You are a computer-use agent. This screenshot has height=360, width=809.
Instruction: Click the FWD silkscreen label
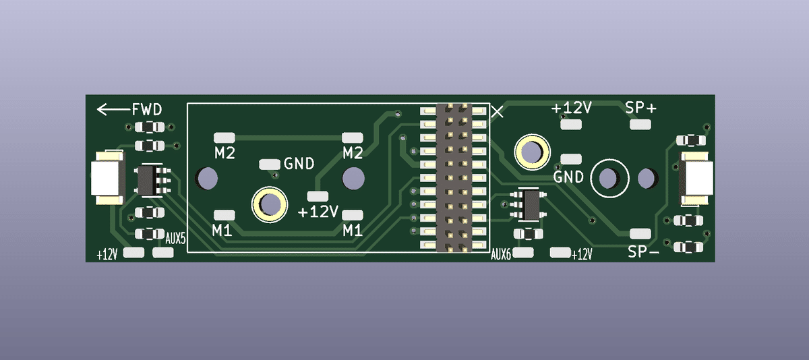click(x=147, y=109)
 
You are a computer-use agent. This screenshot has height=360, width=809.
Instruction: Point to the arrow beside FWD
click(x=114, y=109)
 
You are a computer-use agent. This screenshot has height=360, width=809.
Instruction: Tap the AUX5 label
click(x=175, y=239)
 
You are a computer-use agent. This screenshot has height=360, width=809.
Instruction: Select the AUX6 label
click(x=501, y=255)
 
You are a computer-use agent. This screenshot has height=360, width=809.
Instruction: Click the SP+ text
click(x=640, y=108)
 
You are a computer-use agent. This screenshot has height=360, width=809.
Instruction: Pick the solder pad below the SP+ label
click(x=640, y=125)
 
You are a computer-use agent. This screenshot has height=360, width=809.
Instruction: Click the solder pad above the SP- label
click(x=640, y=234)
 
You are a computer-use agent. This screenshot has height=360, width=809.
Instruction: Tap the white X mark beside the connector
click(x=498, y=112)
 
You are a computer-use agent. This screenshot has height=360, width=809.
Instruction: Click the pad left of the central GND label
click(x=270, y=164)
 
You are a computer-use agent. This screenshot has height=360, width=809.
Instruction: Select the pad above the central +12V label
click(x=318, y=196)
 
